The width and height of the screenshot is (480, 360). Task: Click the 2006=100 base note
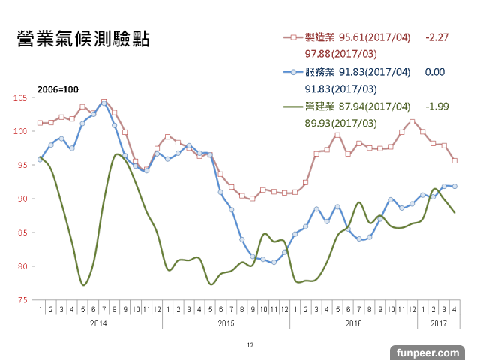click(58, 90)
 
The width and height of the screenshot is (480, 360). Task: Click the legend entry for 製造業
click(318, 37)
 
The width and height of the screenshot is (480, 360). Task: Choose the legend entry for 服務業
click(318, 72)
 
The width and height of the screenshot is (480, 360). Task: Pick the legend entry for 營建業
click(318, 106)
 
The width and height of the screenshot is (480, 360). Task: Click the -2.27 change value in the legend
click(436, 37)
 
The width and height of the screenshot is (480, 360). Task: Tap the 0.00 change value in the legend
click(435, 72)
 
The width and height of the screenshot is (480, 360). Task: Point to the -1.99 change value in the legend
click(436, 106)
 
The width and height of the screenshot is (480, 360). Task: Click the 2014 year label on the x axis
click(98, 322)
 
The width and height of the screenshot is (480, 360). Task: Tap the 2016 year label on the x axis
click(353, 322)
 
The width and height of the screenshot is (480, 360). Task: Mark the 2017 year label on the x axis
click(438, 322)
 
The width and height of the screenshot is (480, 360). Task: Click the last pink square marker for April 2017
click(454, 160)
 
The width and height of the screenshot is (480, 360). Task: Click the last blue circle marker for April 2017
click(454, 186)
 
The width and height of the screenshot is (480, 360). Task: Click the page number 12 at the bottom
click(250, 345)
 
